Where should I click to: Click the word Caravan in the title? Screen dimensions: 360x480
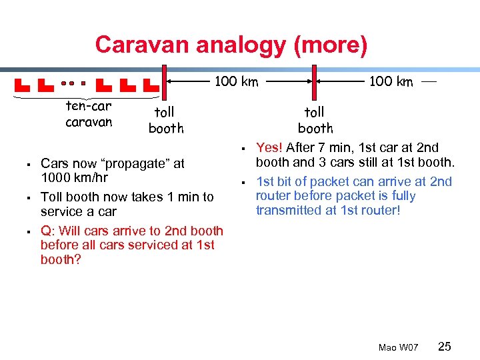coord(136,45)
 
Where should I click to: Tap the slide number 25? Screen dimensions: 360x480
coord(445,346)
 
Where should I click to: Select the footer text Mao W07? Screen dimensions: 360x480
coord(398,347)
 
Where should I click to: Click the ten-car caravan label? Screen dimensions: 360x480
coord(89,114)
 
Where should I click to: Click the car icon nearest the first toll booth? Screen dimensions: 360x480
coord(151,85)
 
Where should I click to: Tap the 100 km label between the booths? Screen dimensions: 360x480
coord(235,81)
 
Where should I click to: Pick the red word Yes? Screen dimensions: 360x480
coord(269,148)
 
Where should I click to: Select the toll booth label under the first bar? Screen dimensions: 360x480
coord(166,120)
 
